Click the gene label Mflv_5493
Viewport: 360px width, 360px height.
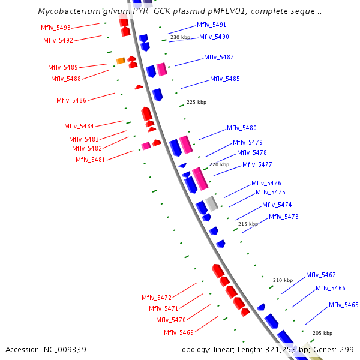pyautogui.click(x=56, y=28)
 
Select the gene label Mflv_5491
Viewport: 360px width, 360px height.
pyautogui.click(x=211, y=25)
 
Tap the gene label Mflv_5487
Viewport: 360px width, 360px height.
pyautogui.click(x=219, y=57)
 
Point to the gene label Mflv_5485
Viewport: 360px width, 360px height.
pyautogui.click(x=225, y=79)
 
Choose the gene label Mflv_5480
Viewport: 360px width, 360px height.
pyautogui.click(x=242, y=128)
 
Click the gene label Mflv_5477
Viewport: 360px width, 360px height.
pyautogui.click(x=257, y=164)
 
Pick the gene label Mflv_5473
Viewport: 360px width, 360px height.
pyautogui.click(x=284, y=217)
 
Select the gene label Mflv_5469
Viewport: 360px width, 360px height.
pyautogui.click(x=179, y=332)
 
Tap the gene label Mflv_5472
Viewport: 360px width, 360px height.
pyautogui.click(x=157, y=298)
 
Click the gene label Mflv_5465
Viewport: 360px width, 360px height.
pyautogui.click(x=344, y=305)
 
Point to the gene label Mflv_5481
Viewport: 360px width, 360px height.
pyautogui.click(x=91, y=160)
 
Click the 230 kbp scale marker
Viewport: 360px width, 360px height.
pyautogui.click(x=180, y=37)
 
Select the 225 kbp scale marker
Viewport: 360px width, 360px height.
pyautogui.click(x=196, y=102)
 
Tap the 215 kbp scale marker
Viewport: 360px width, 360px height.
pyautogui.click(x=248, y=224)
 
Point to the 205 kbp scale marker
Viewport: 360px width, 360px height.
pyautogui.click(x=322, y=333)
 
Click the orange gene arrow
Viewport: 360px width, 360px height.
pyautogui.click(x=120, y=61)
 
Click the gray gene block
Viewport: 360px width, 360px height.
pyautogui.click(x=211, y=203)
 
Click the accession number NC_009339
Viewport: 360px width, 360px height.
pyautogui.click(x=46, y=349)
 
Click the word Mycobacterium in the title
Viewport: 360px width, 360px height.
pyautogui.click(x=67, y=11)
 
